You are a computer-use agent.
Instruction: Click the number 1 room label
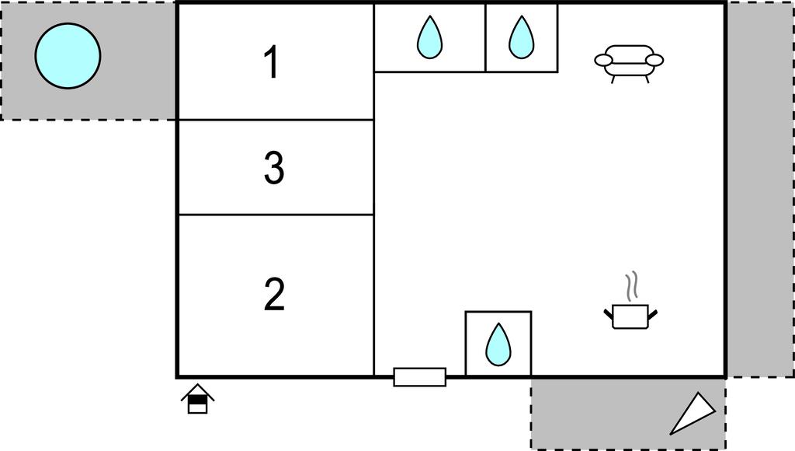273,62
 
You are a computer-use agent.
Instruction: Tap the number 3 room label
274,167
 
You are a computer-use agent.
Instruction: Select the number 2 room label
274,294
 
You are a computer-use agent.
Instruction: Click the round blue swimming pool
68,56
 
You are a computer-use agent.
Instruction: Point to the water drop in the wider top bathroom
429,37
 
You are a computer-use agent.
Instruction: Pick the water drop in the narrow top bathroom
521,37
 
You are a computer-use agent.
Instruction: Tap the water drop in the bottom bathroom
498,344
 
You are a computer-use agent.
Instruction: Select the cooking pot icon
630,316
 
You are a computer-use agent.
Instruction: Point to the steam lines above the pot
631,286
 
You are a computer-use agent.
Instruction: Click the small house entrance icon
198,399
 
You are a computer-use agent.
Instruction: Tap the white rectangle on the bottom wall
420,377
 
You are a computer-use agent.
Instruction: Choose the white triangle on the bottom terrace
693,413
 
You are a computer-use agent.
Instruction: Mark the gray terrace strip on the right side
760,189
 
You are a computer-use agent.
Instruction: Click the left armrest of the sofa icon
603,61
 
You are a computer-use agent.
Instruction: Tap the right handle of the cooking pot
652,314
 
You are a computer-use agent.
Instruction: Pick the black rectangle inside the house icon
198,399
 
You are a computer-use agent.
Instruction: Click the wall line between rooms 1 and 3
276,120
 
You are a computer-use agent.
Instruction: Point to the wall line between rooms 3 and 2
276,215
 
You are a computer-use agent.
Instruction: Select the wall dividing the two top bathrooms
486,37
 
